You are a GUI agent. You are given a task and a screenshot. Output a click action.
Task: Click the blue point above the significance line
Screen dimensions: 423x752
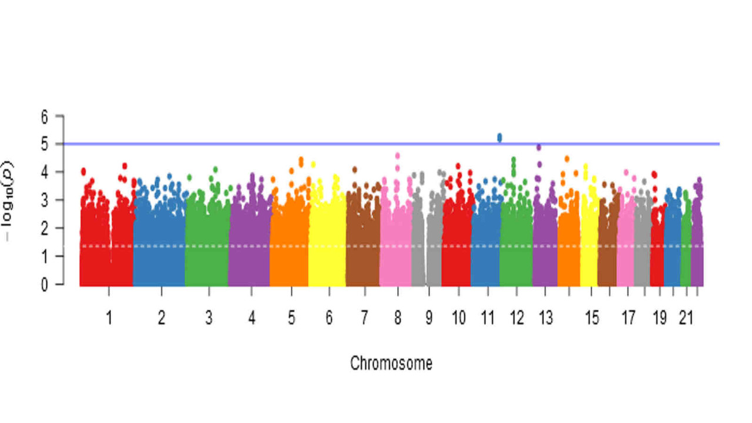click(x=499, y=137)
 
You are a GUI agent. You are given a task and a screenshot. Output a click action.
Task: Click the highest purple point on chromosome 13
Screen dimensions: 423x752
click(x=539, y=147)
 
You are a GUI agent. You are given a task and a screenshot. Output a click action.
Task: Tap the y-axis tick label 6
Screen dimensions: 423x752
click(x=44, y=116)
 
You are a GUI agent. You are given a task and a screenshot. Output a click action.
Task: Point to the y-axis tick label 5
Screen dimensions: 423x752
click(x=44, y=144)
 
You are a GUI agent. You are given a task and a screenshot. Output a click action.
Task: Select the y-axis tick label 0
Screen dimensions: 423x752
click(x=44, y=284)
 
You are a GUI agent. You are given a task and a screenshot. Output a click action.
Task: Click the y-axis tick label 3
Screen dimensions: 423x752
click(x=44, y=200)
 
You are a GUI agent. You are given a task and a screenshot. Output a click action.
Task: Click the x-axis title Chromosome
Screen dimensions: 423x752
click(x=391, y=363)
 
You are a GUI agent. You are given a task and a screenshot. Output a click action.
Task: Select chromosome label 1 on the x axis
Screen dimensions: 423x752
click(x=109, y=318)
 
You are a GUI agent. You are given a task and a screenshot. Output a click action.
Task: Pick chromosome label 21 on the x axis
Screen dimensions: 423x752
click(x=686, y=318)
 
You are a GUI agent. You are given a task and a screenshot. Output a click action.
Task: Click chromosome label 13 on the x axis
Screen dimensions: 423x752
click(x=546, y=318)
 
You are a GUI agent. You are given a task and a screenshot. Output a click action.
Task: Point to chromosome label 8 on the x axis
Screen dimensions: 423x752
click(x=398, y=318)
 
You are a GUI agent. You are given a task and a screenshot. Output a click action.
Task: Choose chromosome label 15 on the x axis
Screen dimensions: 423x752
click(x=592, y=318)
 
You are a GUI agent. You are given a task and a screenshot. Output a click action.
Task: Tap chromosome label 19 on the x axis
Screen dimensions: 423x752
click(x=659, y=318)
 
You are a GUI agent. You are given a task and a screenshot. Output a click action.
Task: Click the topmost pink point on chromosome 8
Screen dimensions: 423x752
click(x=398, y=156)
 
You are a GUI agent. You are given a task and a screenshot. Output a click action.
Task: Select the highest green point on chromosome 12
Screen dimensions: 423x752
click(x=513, y=160)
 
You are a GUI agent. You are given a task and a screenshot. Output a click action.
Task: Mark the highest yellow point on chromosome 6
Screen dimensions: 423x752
click(x=313, y=164)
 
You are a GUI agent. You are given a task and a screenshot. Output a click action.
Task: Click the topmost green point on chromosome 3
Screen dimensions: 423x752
click(x=216, y=170)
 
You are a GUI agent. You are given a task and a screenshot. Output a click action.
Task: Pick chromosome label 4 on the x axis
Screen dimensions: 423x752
click(x=251, y=318)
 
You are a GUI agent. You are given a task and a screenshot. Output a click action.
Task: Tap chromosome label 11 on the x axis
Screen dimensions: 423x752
click(x=488, y=318)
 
